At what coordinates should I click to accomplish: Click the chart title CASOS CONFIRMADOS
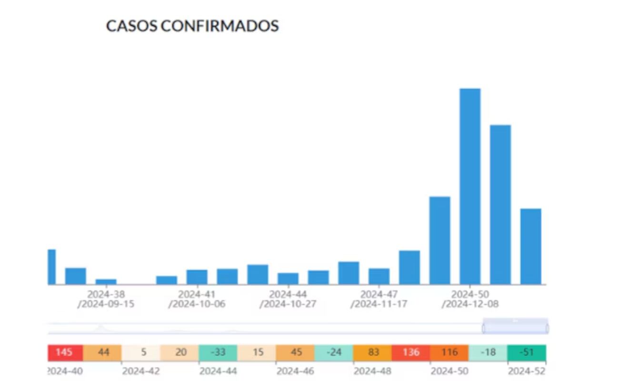point(192,26)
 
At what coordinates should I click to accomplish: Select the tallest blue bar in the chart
point(469,186)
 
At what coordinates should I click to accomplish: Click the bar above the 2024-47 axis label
point(379,276)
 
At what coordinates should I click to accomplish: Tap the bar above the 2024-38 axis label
point(106,281)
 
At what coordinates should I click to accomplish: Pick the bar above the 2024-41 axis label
point(197,277)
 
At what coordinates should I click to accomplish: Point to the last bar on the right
point(530,246)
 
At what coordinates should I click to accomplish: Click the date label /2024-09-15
point(106,304)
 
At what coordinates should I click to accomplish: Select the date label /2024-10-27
point(288,304)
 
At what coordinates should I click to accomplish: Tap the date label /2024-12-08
point(470,304)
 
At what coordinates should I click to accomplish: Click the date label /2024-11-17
point(379,304)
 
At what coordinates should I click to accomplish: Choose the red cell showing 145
point(65,353)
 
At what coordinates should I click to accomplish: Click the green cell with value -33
point(218,353)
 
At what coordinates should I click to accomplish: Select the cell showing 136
point(410,353)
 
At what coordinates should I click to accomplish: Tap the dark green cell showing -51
point(527,353)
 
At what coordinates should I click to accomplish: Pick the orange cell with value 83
point(372,353)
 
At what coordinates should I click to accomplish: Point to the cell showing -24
point(334,353)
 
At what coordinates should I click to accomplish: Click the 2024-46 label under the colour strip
point(295,371)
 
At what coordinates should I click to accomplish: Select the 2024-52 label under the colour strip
point(527,371)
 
